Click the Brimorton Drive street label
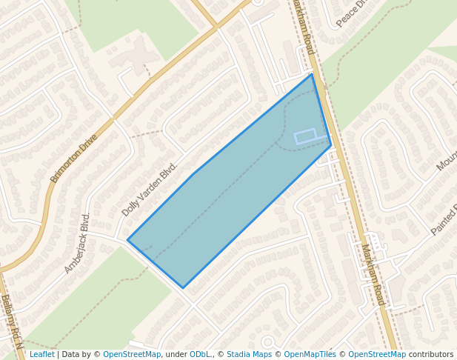click(73, 159)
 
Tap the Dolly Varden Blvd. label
click(150, 190)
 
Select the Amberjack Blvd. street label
click(77, 243)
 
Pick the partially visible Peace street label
click(352, 14)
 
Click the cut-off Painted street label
click(444, 219)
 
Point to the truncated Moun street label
click(447, 158)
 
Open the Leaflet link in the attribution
click(41, 354)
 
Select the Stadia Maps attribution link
click(249, 354)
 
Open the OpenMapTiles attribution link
click(310, 354)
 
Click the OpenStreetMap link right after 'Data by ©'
click(132, 354)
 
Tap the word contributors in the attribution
click(431, 354)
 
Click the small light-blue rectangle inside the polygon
click(306, 136)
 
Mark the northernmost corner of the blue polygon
click(312, 74)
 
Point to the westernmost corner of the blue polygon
click(127, 240)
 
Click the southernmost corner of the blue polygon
click(183, 287)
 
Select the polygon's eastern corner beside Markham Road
click(331, 146)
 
